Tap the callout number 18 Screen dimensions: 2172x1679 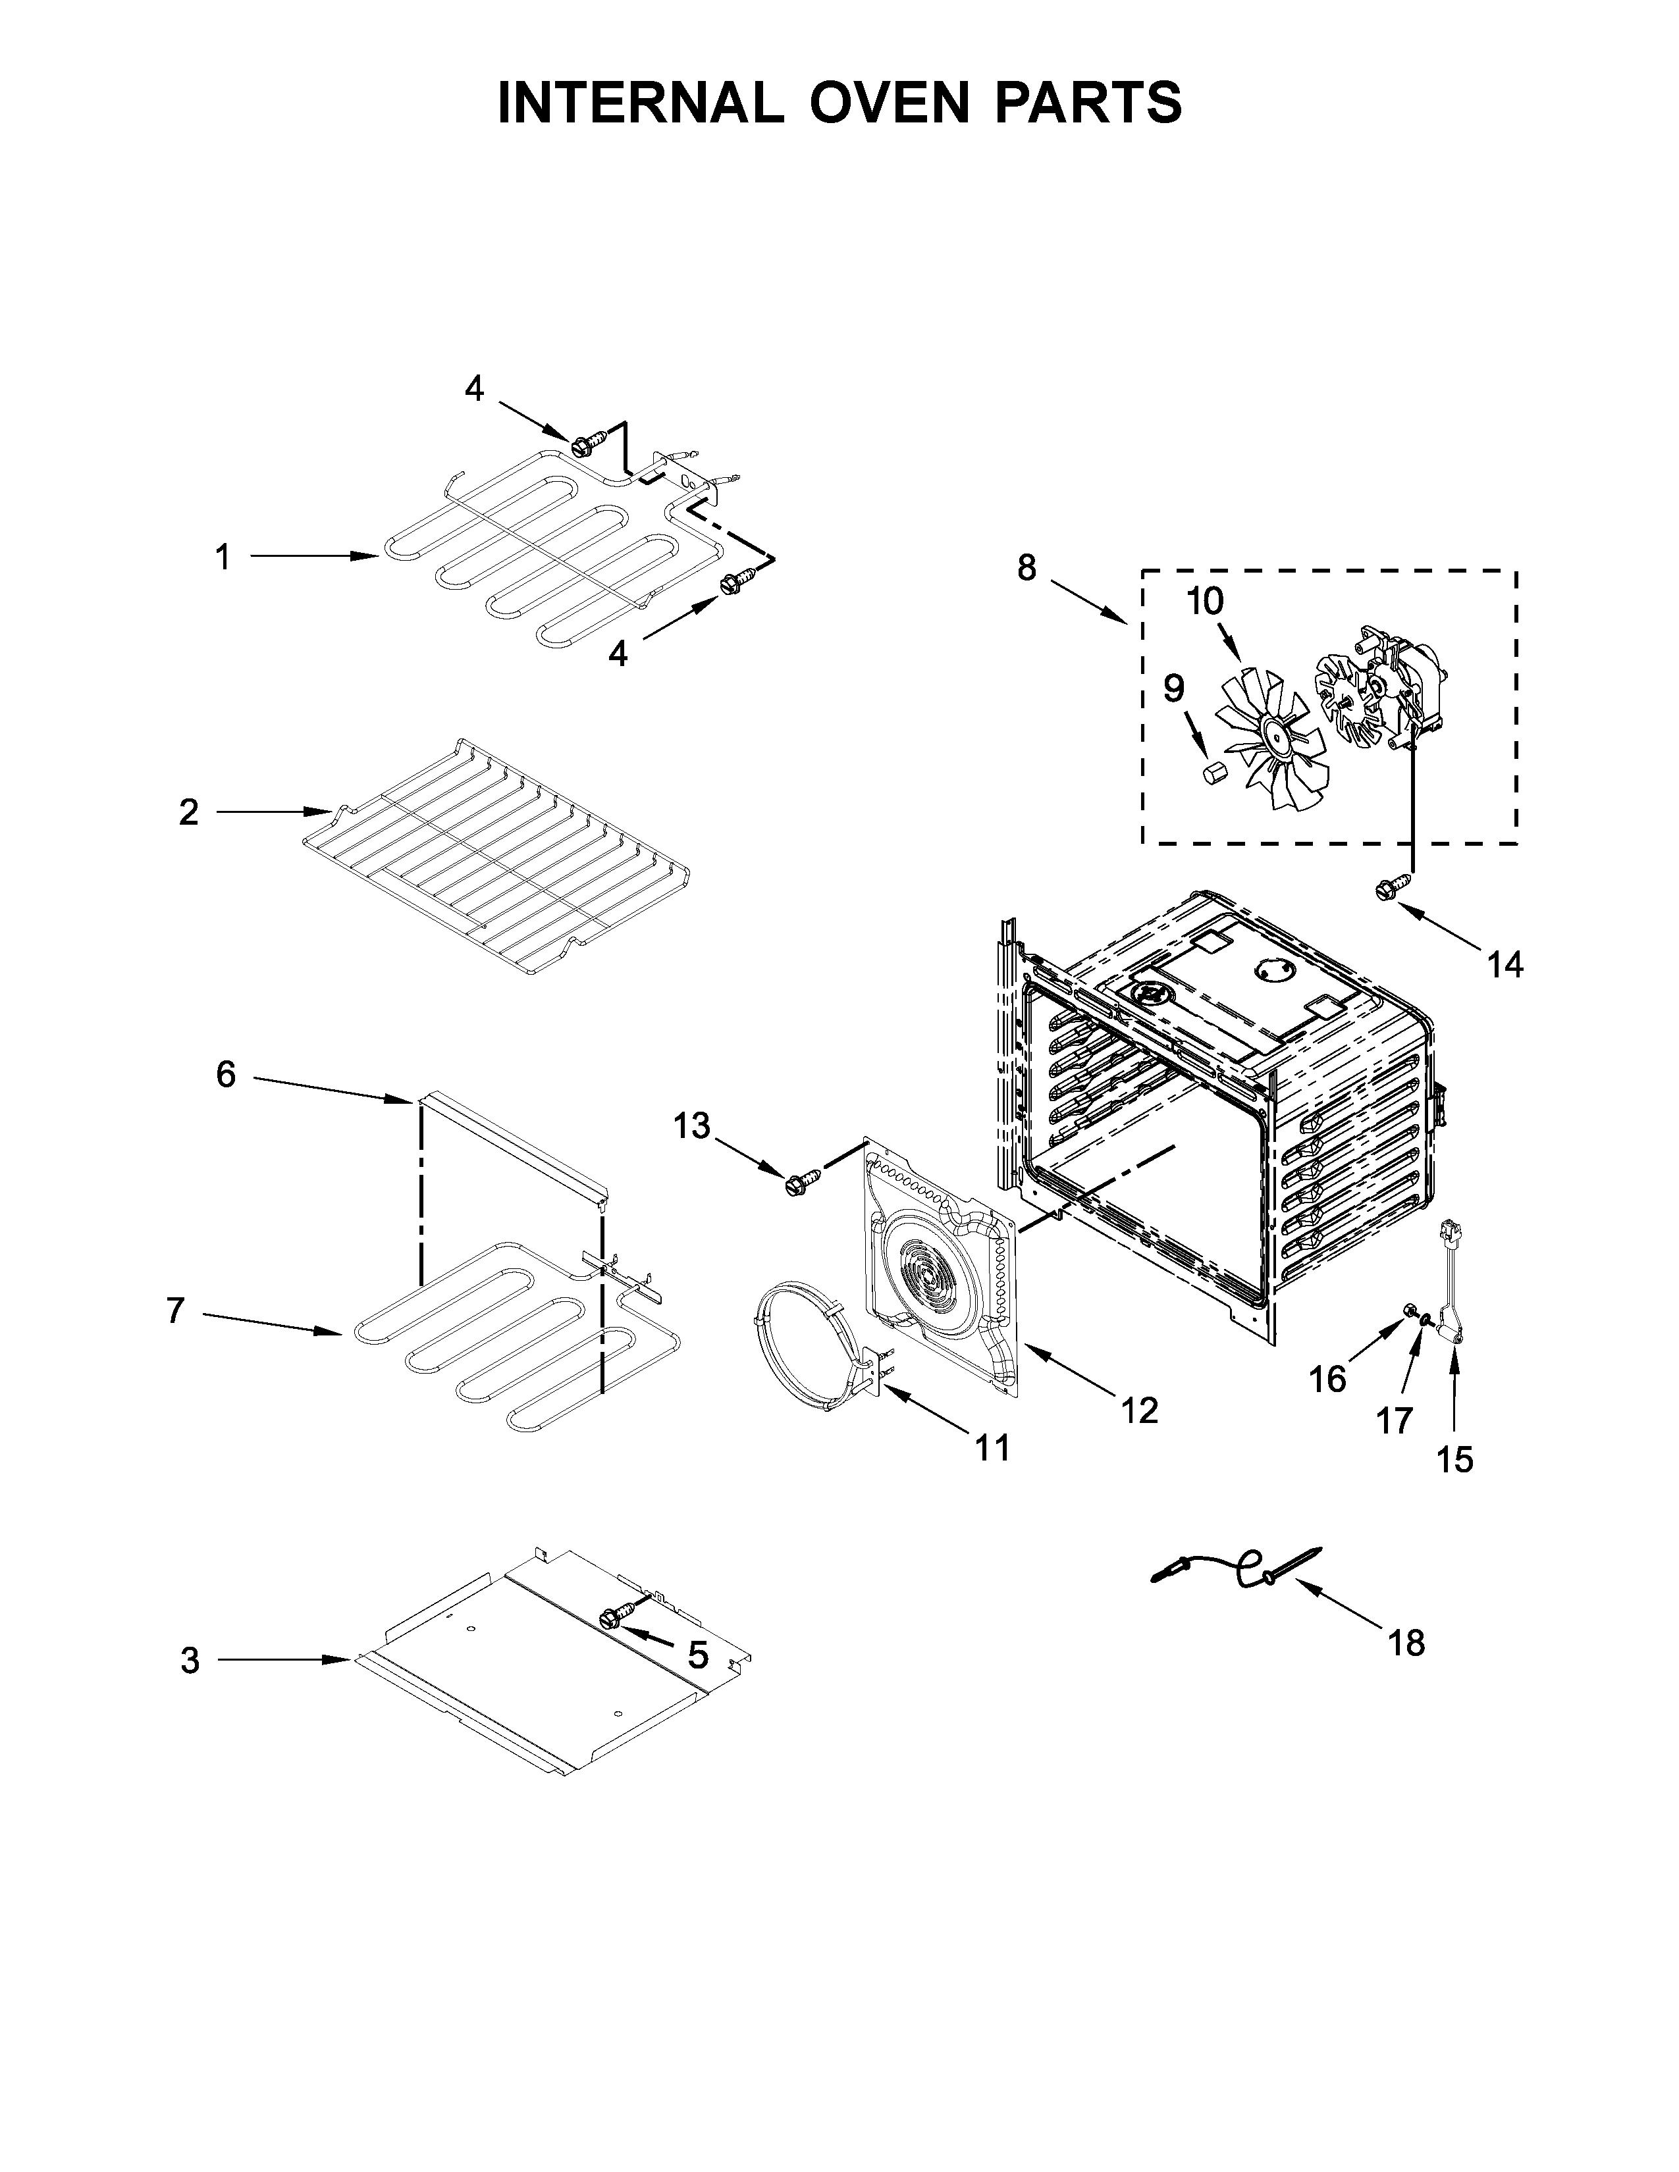[1406, 1642]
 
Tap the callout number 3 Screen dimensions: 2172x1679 [190, 1661]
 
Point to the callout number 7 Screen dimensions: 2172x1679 [175, 1312]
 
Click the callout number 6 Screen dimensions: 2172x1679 [226, 1074]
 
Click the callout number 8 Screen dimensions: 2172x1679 [1026, 568]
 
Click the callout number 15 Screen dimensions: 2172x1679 [1454, 1459]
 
